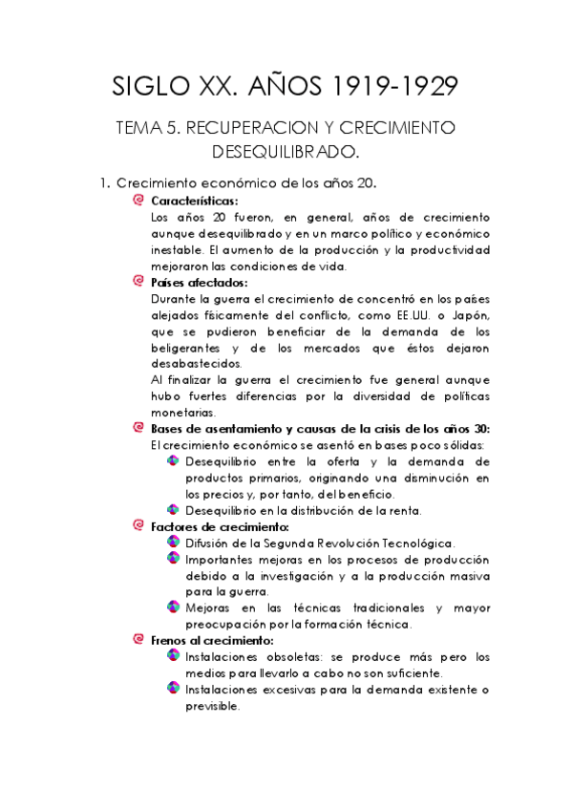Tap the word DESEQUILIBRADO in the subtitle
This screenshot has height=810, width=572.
click(286, 151)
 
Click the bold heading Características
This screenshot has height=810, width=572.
click(195, 201)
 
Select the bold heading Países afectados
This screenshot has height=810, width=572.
click(200, 282)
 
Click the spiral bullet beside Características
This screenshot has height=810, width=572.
click(139, 201)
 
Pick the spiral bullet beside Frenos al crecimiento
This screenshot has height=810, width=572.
click(139, 640)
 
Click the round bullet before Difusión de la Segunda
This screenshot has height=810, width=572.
click(172, 543)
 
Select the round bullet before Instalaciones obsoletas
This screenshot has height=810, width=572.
click(172, 656)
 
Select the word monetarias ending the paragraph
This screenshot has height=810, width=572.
click(183, 413)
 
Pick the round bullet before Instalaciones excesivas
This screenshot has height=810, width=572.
click(172, 689)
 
